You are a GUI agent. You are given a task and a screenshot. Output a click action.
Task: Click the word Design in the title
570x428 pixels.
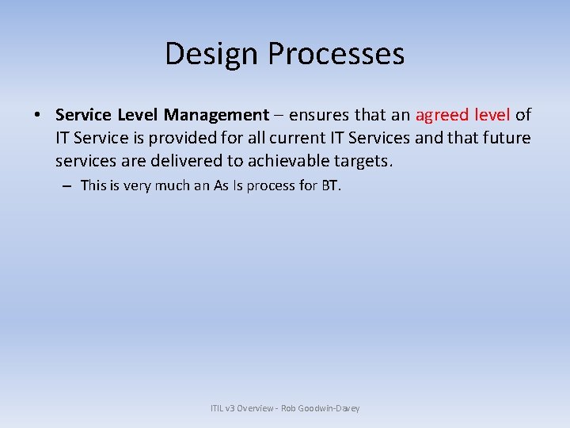(212, 54)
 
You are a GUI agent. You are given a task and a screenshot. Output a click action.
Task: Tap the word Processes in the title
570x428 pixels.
(336, 54)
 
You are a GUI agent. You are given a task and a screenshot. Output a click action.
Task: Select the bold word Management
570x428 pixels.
(216, 115)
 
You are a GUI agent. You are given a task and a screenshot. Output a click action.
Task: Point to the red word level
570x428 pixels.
(493, 115)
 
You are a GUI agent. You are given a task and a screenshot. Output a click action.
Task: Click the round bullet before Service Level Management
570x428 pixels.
(38, 116)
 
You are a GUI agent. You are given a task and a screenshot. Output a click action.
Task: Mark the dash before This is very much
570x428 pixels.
(66, 186)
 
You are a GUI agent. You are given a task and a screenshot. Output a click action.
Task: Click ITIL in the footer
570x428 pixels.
(218, 408)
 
